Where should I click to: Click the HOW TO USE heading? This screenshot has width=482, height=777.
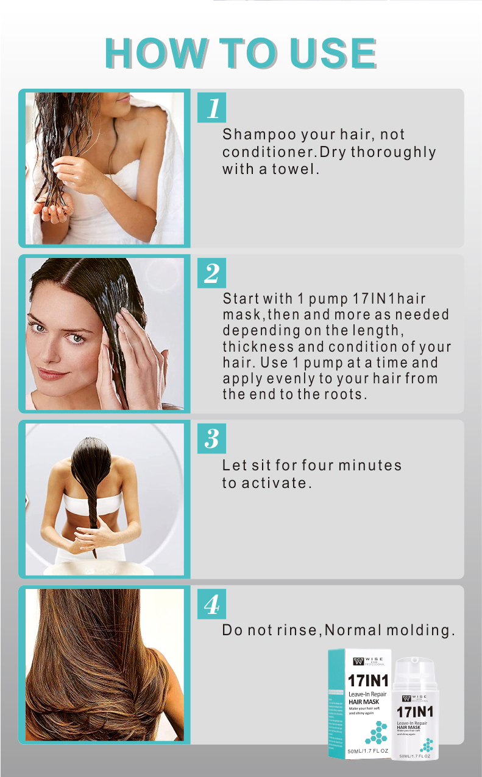point(241,54)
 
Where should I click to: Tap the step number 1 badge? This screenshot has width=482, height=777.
point(212,108)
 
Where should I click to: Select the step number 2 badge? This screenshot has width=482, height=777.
point(212,273)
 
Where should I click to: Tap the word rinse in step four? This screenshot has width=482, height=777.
point(296,630)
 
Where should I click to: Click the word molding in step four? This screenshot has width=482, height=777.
point(421,630)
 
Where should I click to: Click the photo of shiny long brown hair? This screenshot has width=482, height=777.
point(104,664)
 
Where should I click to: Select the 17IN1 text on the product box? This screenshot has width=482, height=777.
point(367,680)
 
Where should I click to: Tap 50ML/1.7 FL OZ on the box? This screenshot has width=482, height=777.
point(367,751)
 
